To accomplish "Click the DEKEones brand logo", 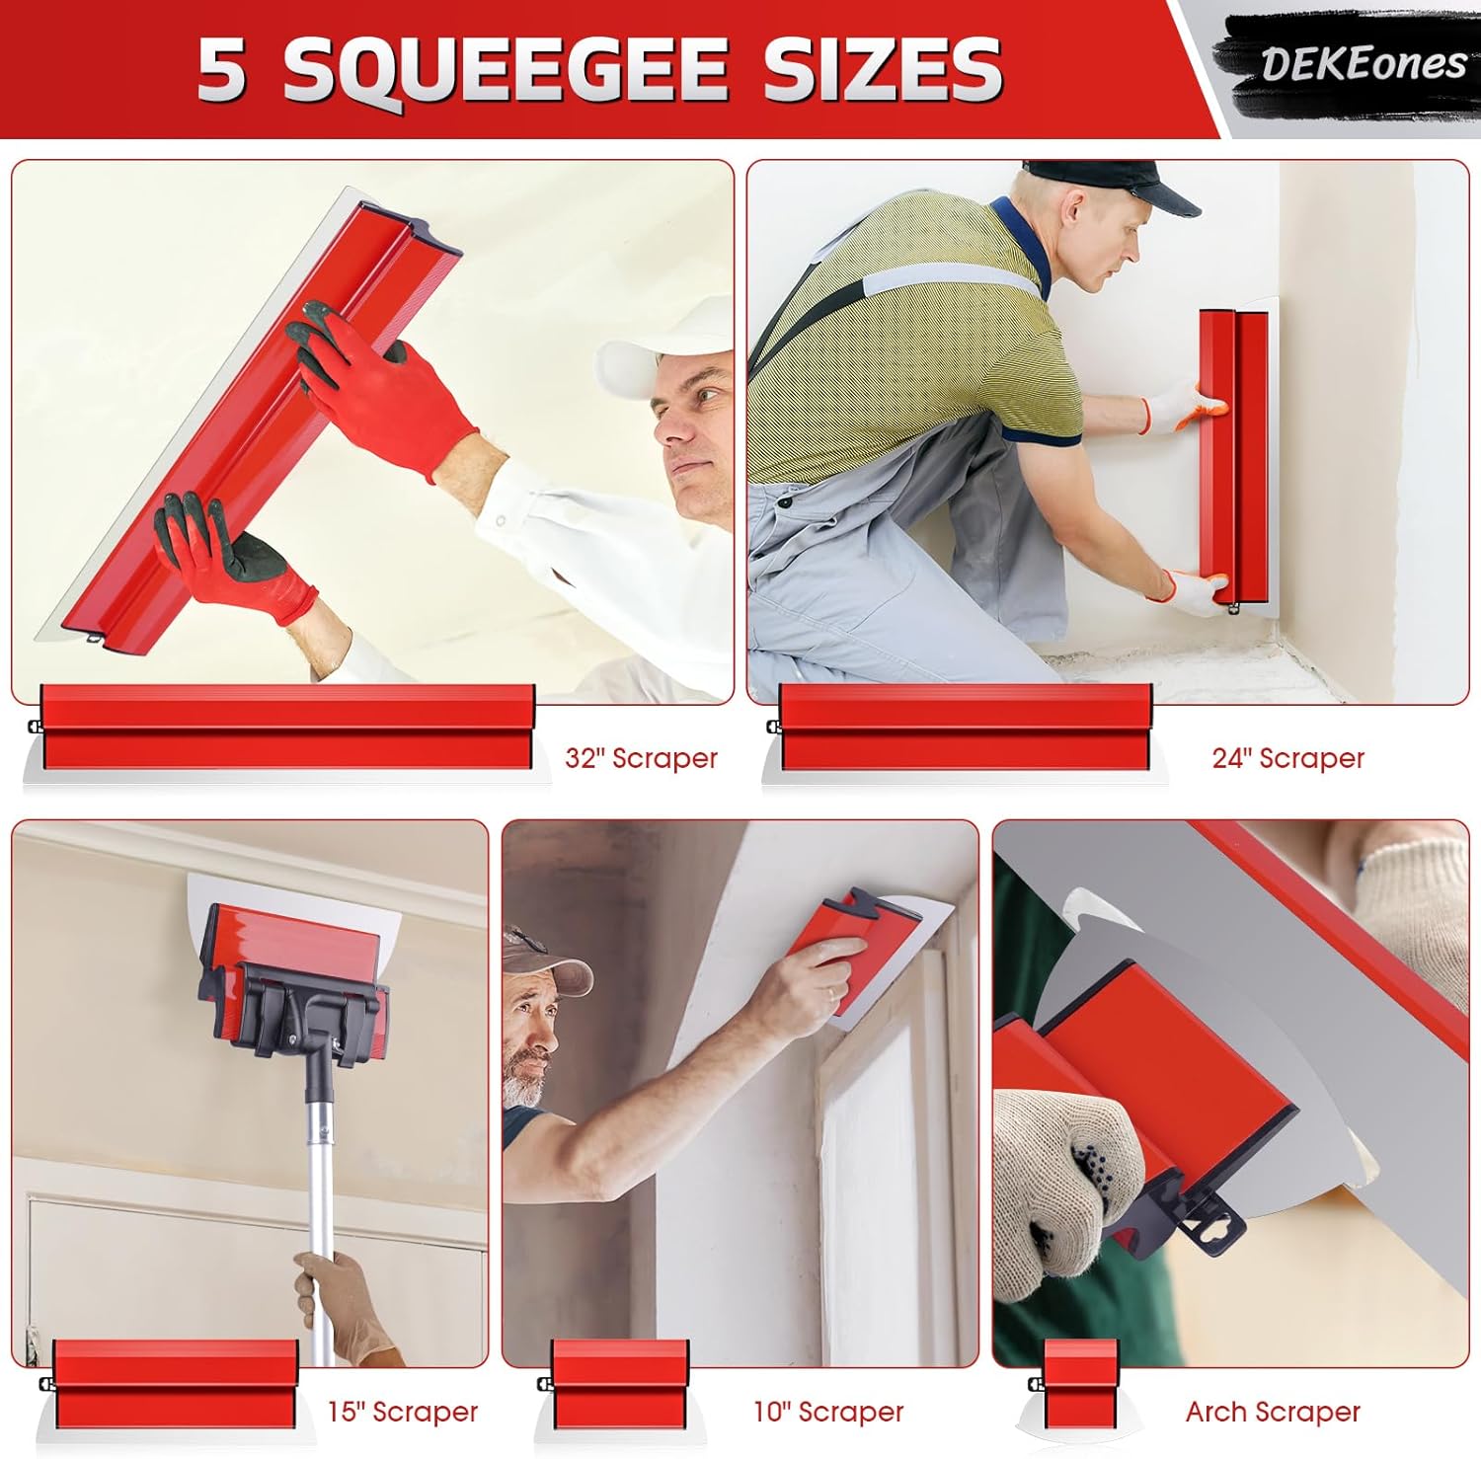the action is pyautogui.click(x=1364, y=64).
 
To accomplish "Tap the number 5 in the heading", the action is pyautogui.click(x=222, y=70).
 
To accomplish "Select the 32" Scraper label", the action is pyautogui.click(x=641, y=758).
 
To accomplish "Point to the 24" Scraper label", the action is pyautogui.click(x=1287, y=758).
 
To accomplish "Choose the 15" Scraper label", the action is pyautogui.click(x=403, y=1412).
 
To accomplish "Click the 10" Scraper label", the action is pyautogui.click(x=828, y=1412).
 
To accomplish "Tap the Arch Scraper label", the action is pyautogui.click(x=1273, y=1412).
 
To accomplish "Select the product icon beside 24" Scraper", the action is pyautogui.click(x=964, y=731).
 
